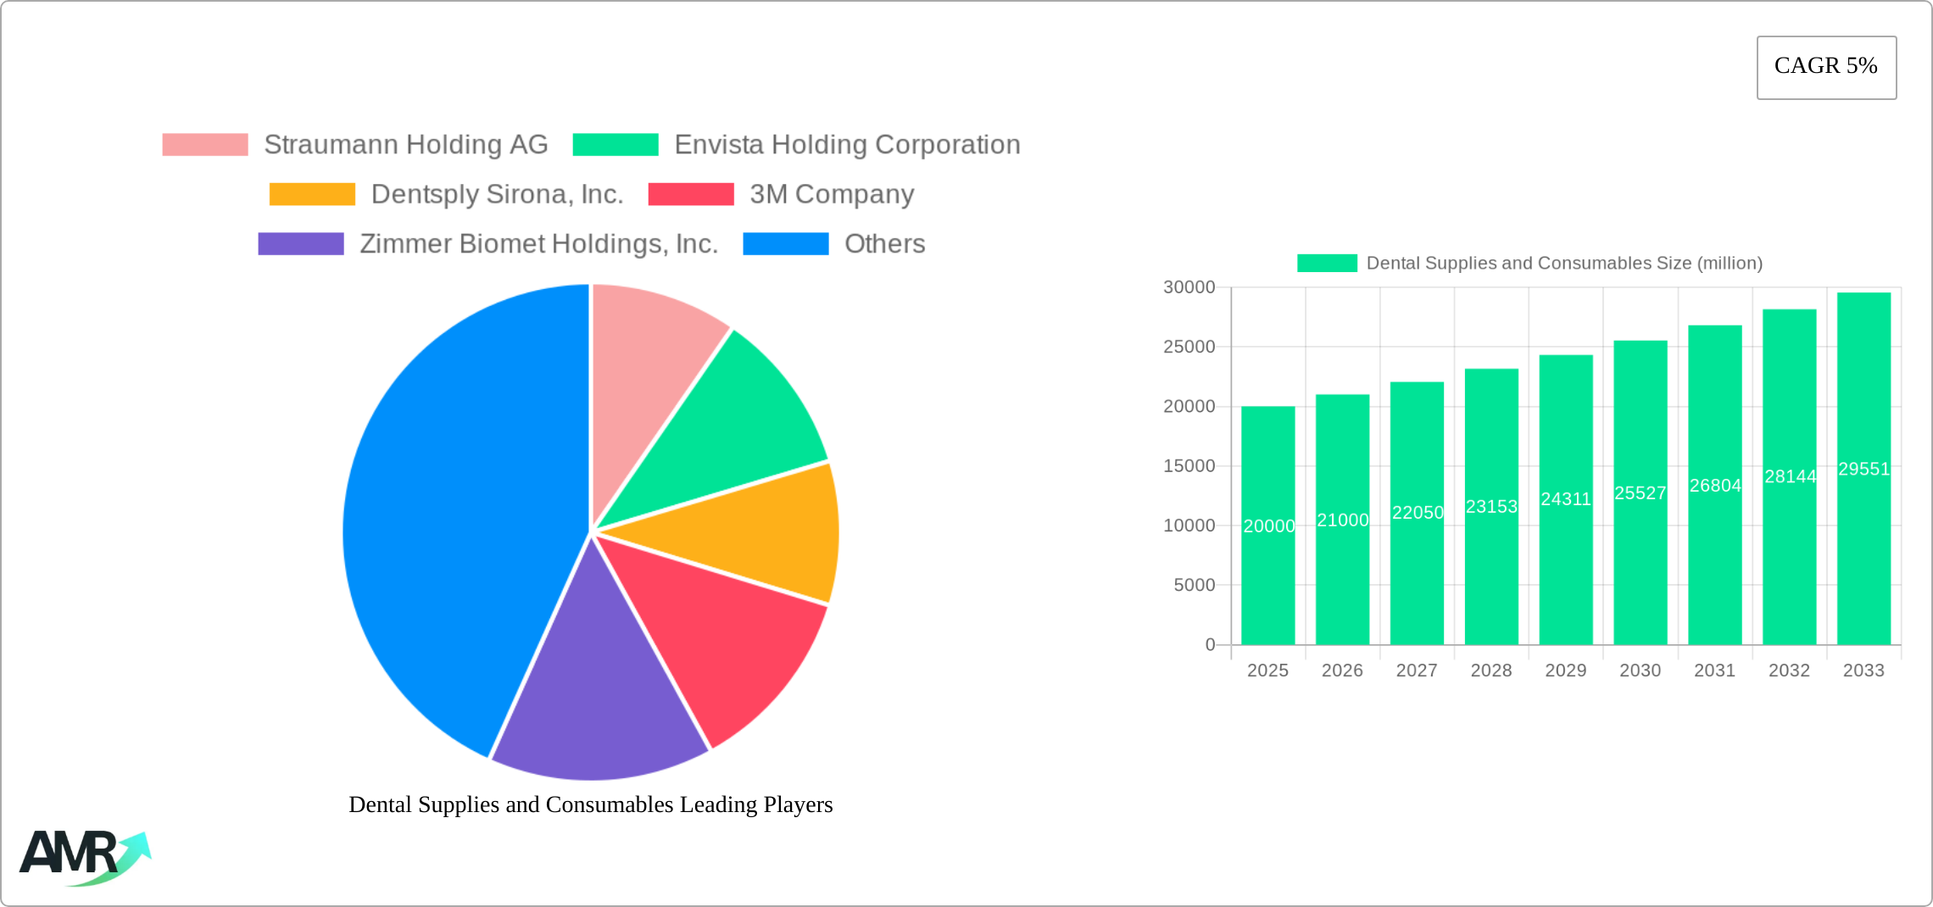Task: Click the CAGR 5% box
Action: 1826,67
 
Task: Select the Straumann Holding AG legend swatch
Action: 205,145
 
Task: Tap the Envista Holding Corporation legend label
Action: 847,145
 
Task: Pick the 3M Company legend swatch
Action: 691,194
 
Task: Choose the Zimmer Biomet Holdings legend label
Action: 538,244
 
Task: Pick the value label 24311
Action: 1566,499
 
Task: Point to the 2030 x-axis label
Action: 1640,671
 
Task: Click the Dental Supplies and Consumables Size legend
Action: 1529,264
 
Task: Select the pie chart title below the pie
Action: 590,804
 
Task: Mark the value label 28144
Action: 1790,476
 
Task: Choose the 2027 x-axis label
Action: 1417,671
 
